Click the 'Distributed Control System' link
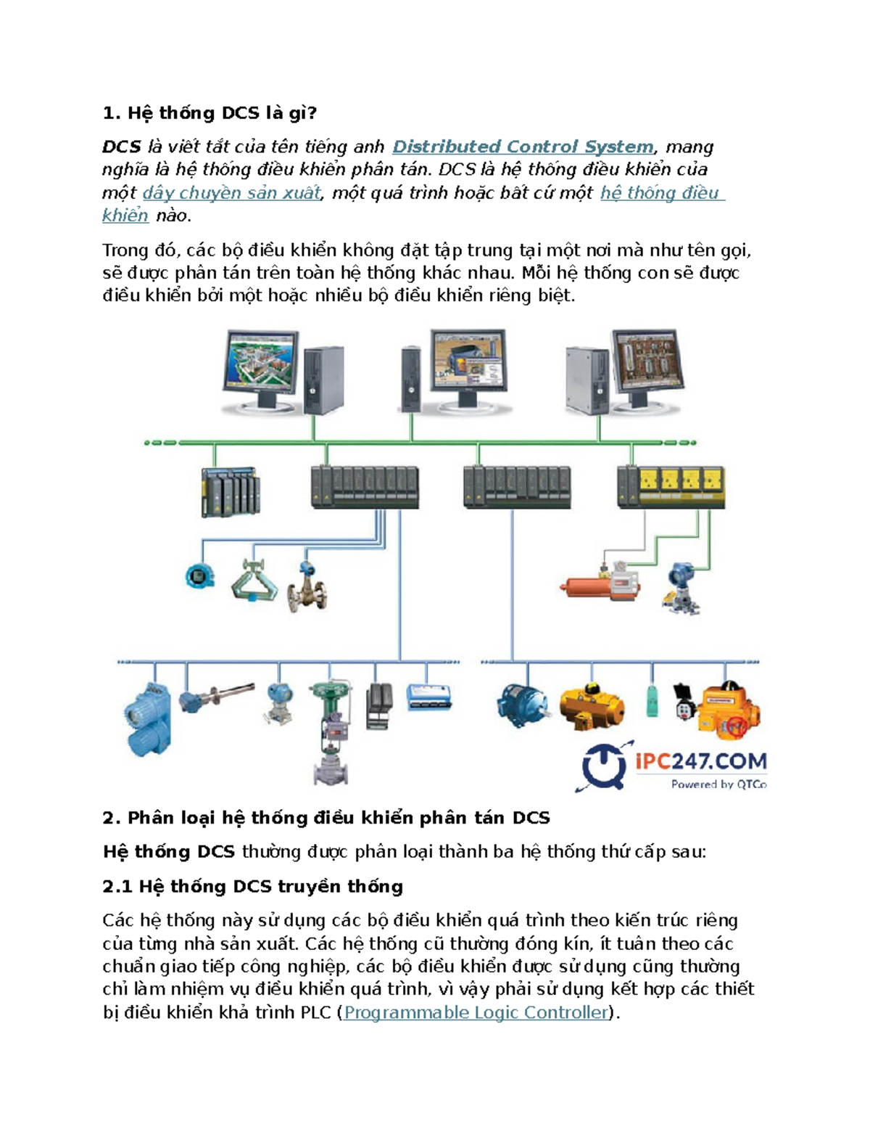(x=523, y=147)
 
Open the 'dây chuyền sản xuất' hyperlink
(x=231, y=193)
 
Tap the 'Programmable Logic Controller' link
(x=476, y=1012)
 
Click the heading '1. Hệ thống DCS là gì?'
(x=210, y=112)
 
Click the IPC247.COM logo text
(x=701, y=761)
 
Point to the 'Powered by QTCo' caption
(x=718, y=784)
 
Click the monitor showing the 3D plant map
(x=260, y=370)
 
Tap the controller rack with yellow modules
(x=671, y=487)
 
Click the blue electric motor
(x=522, y=706)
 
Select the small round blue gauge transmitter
(x=200, y=576)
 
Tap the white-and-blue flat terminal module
(x=428, y=697)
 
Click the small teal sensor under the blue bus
(x=652, y=702)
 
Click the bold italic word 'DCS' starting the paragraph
(x=122, y=147)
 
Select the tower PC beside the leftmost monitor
(x=324, y=380)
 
